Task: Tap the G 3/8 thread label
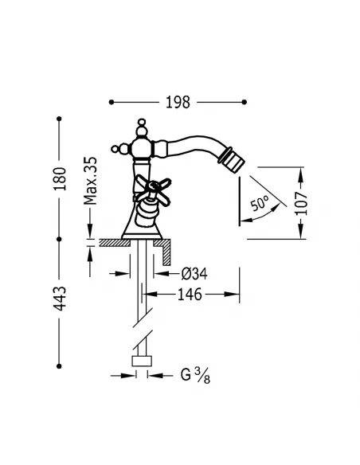(x=194, y=372)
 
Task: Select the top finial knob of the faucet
(x=142, y=126)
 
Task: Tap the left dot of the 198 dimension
(x=111, y=103)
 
